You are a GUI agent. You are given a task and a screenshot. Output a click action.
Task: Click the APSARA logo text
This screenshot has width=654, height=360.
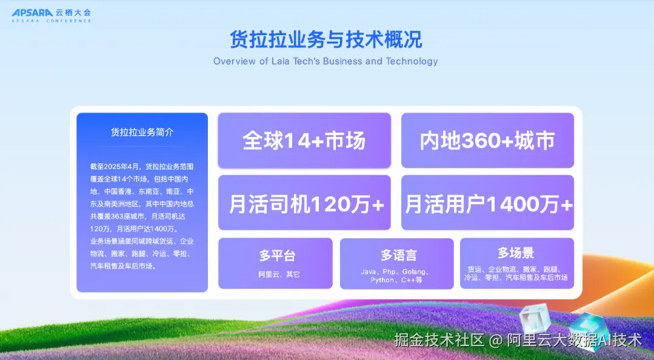pyautogui.click(x=33, y=13)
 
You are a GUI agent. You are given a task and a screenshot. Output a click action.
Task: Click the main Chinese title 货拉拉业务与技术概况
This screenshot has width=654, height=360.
pyautogui.click(x=325, y=39)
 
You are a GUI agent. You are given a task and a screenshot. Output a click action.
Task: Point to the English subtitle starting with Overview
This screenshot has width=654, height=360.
pyautogui.click(x=325, y=61)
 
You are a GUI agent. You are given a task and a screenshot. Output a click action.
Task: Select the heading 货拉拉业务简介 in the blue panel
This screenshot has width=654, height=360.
pyautogui.click(x=142, y=132)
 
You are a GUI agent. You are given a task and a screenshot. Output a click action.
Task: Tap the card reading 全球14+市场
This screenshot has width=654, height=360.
pyautogui.click(x=304, y=141)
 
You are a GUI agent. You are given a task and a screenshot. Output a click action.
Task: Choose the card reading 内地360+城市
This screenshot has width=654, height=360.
pyautogui.click(x=487, y=141)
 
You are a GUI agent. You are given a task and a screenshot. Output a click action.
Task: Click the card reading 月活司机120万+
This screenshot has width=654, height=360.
pyautogui.click(x=304, y=203)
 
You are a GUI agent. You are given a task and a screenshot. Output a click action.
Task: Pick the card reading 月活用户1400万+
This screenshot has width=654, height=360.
pyautogui.click(x=487, y=203)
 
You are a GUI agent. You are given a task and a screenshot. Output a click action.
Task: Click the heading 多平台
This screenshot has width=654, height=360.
pyautogui.click(x=277, y=255)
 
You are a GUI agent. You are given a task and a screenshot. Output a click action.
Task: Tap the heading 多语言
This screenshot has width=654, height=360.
pyautogui.click(x=399, y=255)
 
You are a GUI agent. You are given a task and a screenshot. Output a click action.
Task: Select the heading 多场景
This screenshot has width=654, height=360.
pyautogui.click(x=516, y=253)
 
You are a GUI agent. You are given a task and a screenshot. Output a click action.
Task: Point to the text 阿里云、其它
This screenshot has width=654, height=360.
pyautogui.click(x=279, y=275)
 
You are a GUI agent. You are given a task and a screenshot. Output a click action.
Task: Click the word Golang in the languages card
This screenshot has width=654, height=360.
pyautogui.click(x=414, y=272)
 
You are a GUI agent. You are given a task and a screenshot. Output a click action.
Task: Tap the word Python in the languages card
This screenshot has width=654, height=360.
pyautogui.click(x=382, y=280)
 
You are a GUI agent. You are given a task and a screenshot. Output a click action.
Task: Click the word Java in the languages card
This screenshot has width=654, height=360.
pyautogui.click(x=369, y=272)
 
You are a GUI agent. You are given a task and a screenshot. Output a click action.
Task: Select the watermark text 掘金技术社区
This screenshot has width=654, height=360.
pyautogui.click(x=439, y=340)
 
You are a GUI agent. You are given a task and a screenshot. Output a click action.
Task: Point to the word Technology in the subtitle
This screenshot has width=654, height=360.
pyautogui.click(x=412, y=61)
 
